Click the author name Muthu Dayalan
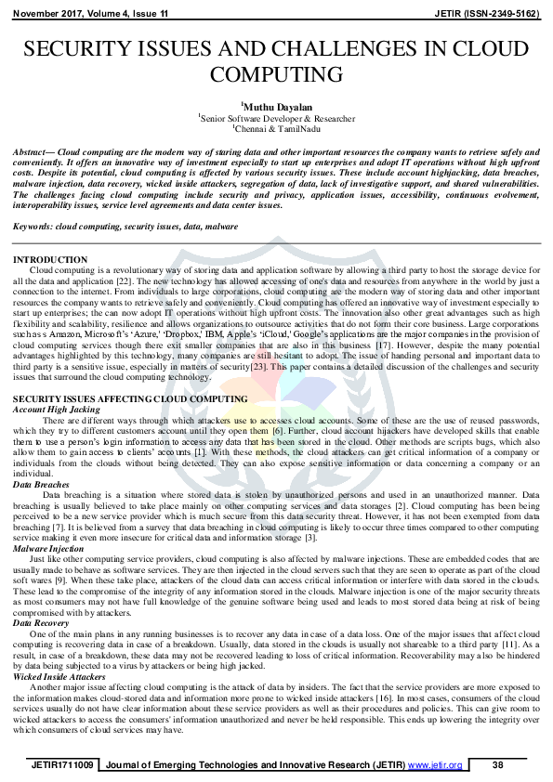[x=276, y=107]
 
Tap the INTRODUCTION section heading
[x=50, y=260]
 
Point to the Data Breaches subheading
[x=41, y=485]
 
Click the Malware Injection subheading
[x=49, y=549]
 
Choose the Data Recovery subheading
[x=42, y=623]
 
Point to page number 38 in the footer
[x=496, y=765]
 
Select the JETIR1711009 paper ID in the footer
[x=62, y=765]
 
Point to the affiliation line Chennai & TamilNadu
[x=276, y=128]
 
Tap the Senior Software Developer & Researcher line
[x=276, y=118]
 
